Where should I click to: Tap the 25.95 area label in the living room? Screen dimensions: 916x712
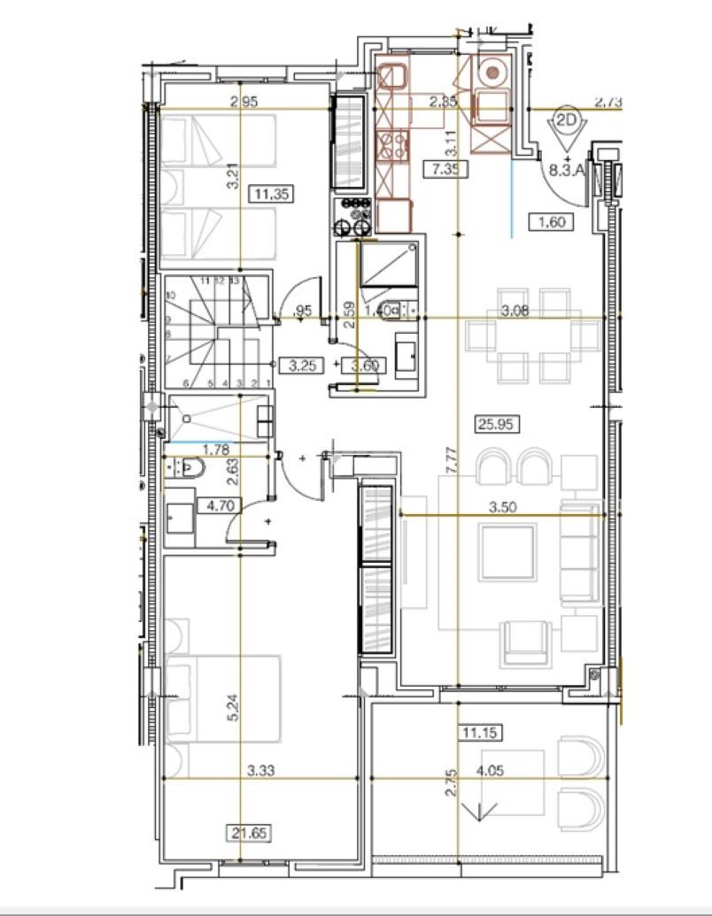tap(497, 424)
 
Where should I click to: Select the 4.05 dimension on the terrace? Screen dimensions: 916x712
tap(491, 772)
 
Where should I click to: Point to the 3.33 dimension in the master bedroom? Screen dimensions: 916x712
tap(262, 771)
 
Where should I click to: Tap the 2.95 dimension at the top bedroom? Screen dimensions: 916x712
tap(244, 102)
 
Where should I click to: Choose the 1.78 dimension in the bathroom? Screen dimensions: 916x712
tap(210, 450)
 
